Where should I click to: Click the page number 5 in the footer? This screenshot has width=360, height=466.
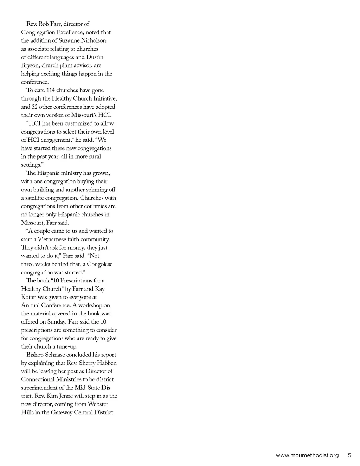point(349,455)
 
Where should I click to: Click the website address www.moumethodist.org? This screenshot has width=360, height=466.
point(307,455)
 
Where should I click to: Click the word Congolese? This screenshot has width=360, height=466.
point(100,264)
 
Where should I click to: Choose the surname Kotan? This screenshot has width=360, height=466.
point(28,297)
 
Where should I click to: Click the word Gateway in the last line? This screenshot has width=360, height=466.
point(62,413)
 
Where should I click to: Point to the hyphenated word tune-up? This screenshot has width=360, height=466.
point(67,346)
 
